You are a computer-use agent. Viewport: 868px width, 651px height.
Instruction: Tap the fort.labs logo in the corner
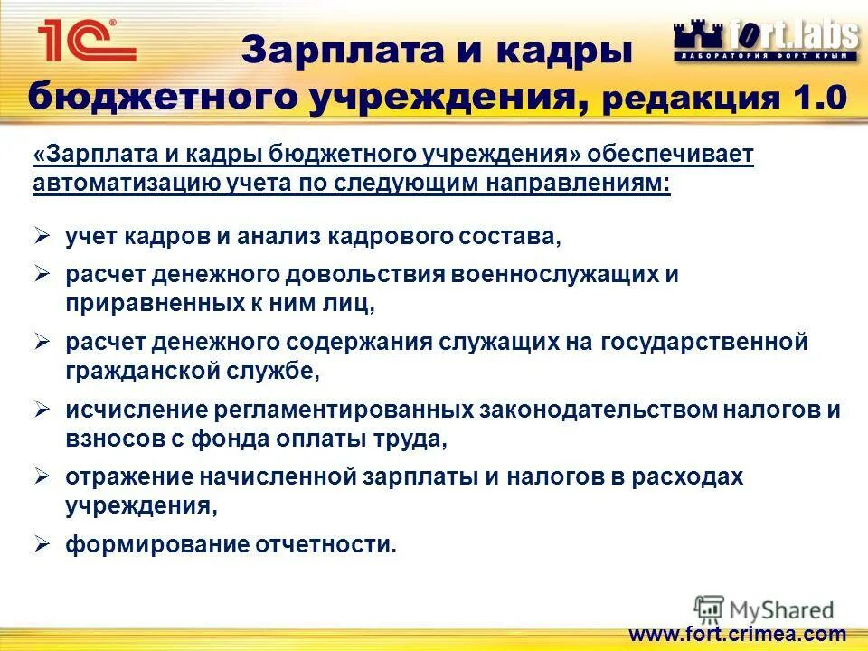tap(765, 41)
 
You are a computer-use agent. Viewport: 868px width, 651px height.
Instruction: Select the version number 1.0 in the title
tap(818, 97)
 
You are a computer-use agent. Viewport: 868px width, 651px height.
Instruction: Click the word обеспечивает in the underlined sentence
tap(670, 155)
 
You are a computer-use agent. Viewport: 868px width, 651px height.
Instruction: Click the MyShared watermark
tap(765, 609)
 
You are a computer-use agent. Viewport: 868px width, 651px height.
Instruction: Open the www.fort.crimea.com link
tap(736, 634)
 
